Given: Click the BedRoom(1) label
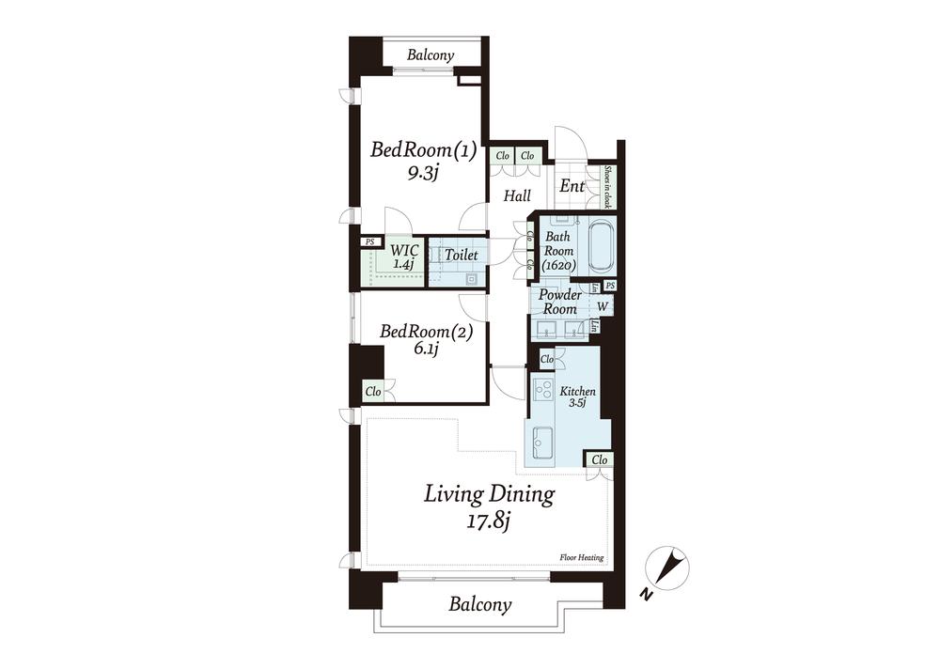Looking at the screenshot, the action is pyautogui.click(x=423, y=149).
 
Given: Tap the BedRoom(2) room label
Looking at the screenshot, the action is pyautogui.click(x=426, y=331).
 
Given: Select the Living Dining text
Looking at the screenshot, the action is pyautogui.click(x=489, y=494).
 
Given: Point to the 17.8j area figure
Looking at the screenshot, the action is pyautogui.click(x=488, y=521).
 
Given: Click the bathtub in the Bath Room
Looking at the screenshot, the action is pyautogui.click(x=600, y=247).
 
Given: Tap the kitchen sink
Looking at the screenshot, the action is pyautogui.click(x=543, y=443).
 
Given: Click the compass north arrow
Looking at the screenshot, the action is pyautogui.click(x=669, y=567).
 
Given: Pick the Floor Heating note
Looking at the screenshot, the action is pyautogui.click(x=582, y=557).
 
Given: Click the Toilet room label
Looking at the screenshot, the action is pyautogui.click(x=461, y=255).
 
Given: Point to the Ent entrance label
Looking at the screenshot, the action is pyautogui.click(x=572, y=186).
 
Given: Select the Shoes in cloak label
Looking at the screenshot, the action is pyautogui.click(x=606, y=186).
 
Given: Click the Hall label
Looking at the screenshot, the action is pyautogui.click(x=517, y=196).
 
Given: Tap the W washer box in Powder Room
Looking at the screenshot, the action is pyautogui.click(x=603, y=306).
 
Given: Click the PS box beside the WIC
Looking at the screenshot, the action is pyautogui.click(x=370, y=242).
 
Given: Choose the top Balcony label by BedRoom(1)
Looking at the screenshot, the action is pyautogui.click(x=431, y=55).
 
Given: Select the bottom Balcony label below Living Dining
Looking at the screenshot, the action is pyautogui.click(x=480, y=603).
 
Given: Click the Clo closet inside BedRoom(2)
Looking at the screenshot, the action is pyautogui.click(x=373, y=392).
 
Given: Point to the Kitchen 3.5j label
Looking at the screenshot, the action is pyautogui.click(x=577, y=397).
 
